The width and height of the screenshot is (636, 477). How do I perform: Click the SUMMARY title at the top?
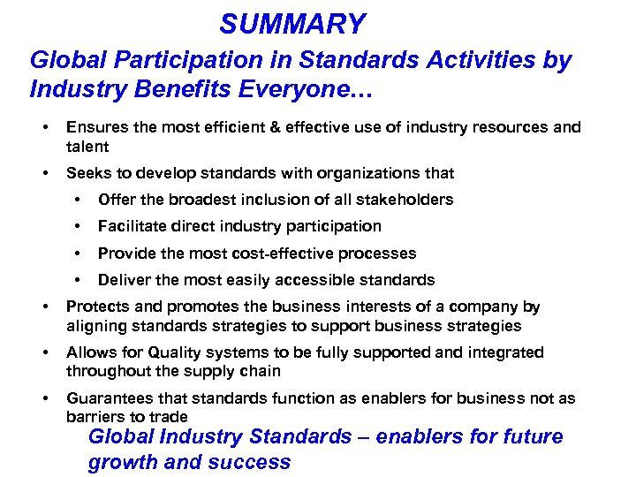pos(292,24)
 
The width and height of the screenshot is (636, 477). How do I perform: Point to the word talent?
pos(87,146)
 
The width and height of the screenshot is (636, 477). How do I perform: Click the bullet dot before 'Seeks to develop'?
pos(45,173)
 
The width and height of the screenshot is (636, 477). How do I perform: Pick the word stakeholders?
pos(405,200)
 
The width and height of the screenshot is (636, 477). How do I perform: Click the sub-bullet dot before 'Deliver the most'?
pos(81,280)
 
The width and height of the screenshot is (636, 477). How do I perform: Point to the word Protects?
pos(95,307)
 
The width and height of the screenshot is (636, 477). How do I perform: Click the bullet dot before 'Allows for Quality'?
pos(45,352)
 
